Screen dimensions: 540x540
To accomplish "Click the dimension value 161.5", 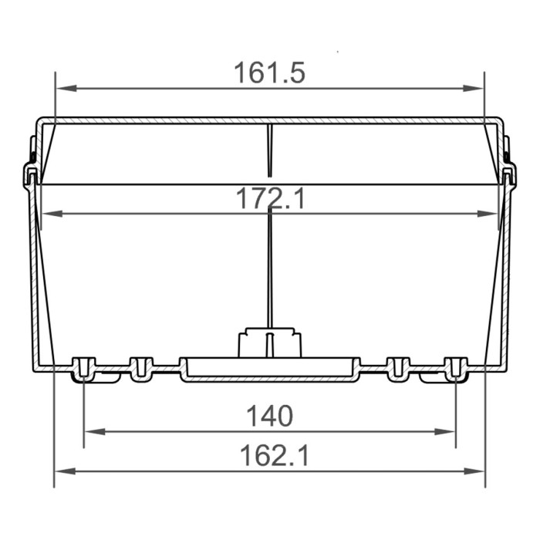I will tap(269, 73).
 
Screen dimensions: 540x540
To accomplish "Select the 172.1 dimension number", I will tap(269, 199).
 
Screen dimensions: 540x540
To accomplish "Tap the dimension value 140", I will tap(269, 417).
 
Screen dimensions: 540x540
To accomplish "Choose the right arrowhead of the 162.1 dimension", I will tap(476, 471).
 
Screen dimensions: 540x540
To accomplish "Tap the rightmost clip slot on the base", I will tap(456, 369).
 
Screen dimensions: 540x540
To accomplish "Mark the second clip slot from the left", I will tap(140, 368).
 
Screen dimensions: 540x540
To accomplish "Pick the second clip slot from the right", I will tap(398, 368).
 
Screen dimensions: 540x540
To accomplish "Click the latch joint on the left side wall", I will tap(31, 174).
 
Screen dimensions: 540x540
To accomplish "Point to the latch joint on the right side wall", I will tap(509, 174).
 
